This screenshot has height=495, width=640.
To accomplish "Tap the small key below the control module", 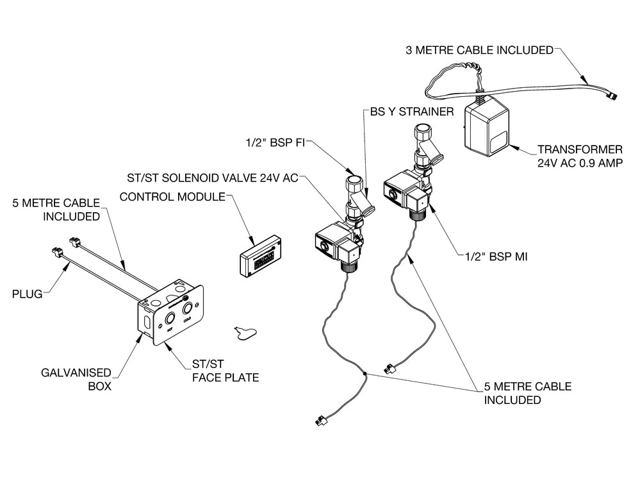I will [x=243, y=331].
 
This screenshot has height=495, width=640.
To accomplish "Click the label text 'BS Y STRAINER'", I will [x=412, y=111].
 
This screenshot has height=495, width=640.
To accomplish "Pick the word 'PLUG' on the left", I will [x=28, y=294].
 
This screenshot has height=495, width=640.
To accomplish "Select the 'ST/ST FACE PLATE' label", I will [x=225, y=371].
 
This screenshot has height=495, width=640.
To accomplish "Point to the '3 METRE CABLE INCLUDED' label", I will [x=479, y=50].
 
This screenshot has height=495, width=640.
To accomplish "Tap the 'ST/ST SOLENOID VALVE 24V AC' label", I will [x=213, y=178].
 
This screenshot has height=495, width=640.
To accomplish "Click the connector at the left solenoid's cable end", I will [x=319, y=421].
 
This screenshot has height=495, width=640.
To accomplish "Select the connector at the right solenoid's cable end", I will [x=388, y=369].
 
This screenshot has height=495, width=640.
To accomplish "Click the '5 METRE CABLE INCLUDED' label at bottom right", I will [x=518, y=393].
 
